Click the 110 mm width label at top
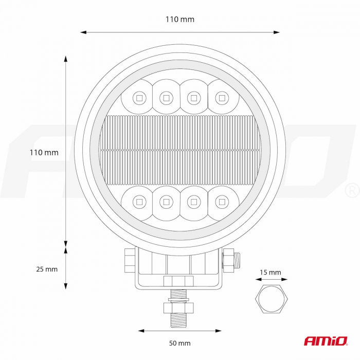(x=180, y=20)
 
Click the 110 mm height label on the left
(x=44, y=152)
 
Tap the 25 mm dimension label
(x=47, y=269)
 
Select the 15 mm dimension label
(x=271, y=272)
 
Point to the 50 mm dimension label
(x=180, y=343)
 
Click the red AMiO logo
(x=326, y=341)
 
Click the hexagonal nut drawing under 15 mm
(x=272, y=299)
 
